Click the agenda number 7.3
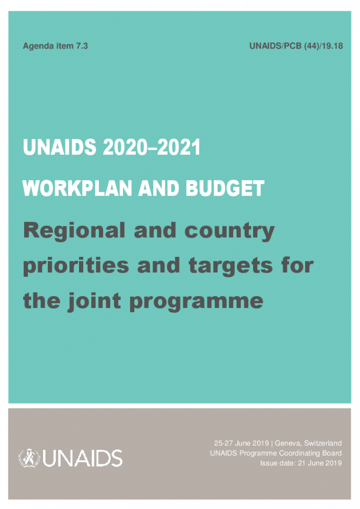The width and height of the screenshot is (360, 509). [x=82, y=46]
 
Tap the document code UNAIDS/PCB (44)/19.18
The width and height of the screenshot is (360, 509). [x=296, y=46]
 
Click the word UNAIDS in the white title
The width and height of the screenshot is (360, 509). [x=60, y=147]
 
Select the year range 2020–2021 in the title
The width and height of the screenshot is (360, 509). [x=152, y=147]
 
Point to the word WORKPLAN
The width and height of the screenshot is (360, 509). [x=77, y=188]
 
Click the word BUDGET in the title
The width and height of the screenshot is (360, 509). [x=225, y=188]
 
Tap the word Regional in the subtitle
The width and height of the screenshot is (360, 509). [x=74, y=231]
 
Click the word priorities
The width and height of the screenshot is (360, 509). [x=76, y=266]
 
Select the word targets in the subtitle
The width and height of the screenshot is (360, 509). [x=231, y=266]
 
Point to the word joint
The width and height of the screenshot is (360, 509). [x=95, y=300]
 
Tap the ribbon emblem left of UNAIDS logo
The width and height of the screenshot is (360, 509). [x=29, y=458]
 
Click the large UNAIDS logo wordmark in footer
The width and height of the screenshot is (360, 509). [x=82, y=458]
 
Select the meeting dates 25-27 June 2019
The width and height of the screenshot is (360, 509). [x=241, y=443]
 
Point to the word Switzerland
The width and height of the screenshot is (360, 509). [x=323, y=443]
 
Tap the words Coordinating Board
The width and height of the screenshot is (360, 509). [x=311, y=453]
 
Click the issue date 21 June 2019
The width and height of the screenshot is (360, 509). [x=320, y=463]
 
